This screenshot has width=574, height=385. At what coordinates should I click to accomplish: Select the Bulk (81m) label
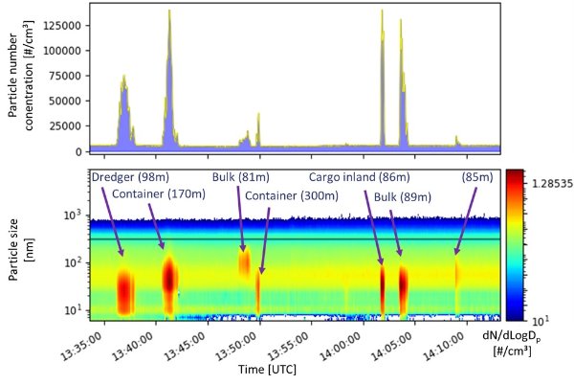[242, 177]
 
